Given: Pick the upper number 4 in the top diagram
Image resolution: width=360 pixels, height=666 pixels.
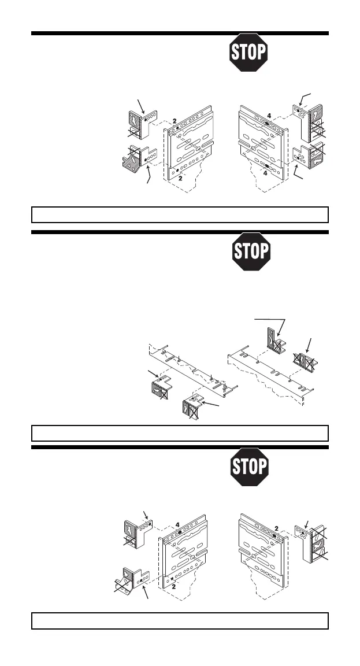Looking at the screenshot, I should pos(269,115).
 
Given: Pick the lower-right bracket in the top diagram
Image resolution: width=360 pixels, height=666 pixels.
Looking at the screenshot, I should pos(308,157).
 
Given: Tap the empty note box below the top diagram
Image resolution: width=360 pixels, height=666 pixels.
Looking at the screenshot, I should pos(179,214).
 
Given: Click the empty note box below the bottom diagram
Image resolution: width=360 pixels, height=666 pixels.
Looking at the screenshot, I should pos(179,620).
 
